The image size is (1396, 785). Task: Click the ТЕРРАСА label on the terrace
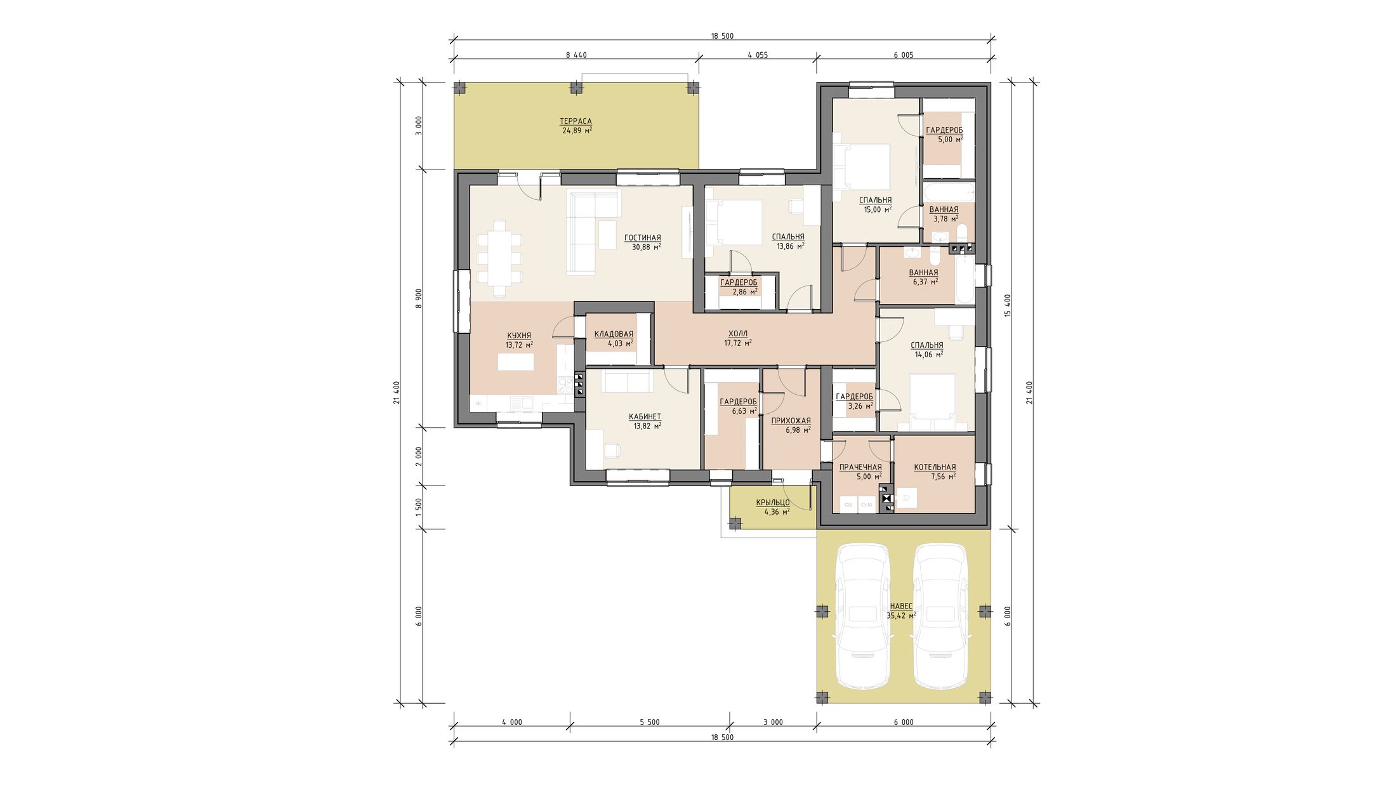pyautogui.click(x=576, y=121)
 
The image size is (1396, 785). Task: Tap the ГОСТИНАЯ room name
pyautogui.click(x=642, y=238)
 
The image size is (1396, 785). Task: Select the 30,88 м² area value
pyautogui.click(x=646, y=247)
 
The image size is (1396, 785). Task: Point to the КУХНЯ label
pyautogui.click(x=519, y=336)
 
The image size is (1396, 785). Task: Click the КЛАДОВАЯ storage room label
pyautogui.click(x=614, y=334)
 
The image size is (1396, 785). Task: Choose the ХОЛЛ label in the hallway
pyautogui.click(x=738, y=334)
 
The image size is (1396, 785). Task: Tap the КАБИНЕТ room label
pyautogui.click(x=645, y=417)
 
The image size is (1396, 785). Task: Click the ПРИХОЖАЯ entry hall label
pyautogui.click(x=791, y=421)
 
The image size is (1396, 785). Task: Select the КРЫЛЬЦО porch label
pyautogui.click(x=773, y=503)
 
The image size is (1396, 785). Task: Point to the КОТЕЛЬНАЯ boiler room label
pyautogui.click(x=935, y=468)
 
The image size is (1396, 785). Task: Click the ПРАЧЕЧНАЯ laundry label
pyautogui.click(x=860, y=468)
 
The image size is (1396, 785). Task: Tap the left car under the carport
pyautogui.click(x=863, y=616)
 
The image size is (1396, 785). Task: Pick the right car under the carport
pyautogui.click(x=940, y=616)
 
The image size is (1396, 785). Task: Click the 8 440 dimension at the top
pyautogui.click(x=576, y=55)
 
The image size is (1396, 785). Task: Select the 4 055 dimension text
pyautogui.click(x=758, y=55)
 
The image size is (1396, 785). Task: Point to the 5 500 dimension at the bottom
pyautogui.click(x=650, y=722)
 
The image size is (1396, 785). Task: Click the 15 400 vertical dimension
pyautogui.click(x=1008, y=305)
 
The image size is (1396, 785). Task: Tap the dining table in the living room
pyautogui.click(x=499, y=259)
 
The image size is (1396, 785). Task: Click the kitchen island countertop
pyautogui.click(x=516, y=362)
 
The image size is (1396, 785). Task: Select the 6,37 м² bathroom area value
pyautogui.click(x=923, y=282)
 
